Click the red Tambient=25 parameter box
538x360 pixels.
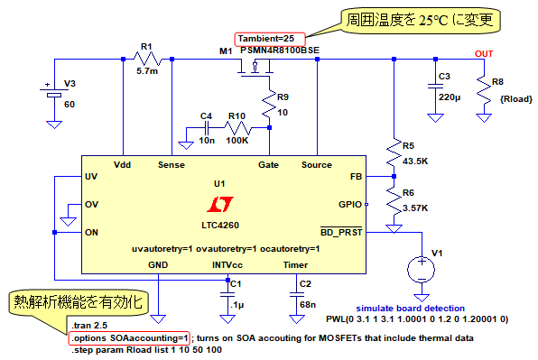pyautogui.click(x=270, y=39)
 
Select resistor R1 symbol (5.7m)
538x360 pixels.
pyautogui.click(x=147, y=59)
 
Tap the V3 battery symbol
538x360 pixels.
pyautogui.click(x=54, y=93)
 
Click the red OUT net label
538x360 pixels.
pyautogui.click(x=484, y=54)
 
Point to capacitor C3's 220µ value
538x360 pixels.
pyautogui.click(x=450, y=97)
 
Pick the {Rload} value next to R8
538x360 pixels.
pyautogui.click(x=516, y=99)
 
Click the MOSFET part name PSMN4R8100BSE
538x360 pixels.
pyautogui.click(x=280, y=51)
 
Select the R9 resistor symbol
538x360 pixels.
pyautogui.click(x=269, y=103)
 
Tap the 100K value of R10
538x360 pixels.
pyautogui.click(x=237, y=140)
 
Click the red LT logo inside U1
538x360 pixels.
pyautogui.click(x=220, y=204)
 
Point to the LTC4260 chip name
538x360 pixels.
pyautogui.click(x=220, y=226)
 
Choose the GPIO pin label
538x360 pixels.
pyautogui.click(x=350, y=205)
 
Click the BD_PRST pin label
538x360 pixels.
pyautogui.click(x=341, y=232)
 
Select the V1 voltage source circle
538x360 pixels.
pyautogui.click(x=422, y=269)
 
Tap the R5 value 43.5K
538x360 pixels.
pyautogui.click(x=415, y=162)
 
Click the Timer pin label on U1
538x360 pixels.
pyautogui.click(x=295, y=265)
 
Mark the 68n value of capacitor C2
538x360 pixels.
pyautogui.click(x=308, y=304)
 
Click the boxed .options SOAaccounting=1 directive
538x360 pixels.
pyautogui.click(x=129, y=338)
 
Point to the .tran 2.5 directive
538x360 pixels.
pyautogui.click(x=89, y=326)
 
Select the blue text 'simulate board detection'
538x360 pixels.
pyautogui.click(x=411, y=309)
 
